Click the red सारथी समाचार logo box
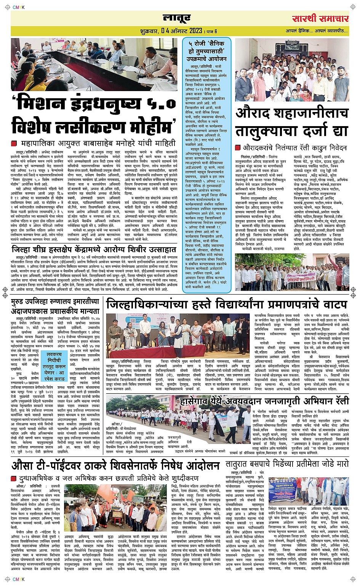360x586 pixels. tap(321, 18)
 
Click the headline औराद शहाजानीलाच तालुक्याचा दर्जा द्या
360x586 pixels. tap(292, 122)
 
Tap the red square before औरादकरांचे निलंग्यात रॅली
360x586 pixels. tap(238, 147)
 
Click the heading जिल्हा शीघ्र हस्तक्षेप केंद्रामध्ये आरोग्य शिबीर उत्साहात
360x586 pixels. tap(94, 250)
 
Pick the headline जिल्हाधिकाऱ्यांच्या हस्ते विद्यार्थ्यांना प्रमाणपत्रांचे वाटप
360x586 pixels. tap(227, 305)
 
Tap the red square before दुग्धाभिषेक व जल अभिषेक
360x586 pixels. tap(14, 478)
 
